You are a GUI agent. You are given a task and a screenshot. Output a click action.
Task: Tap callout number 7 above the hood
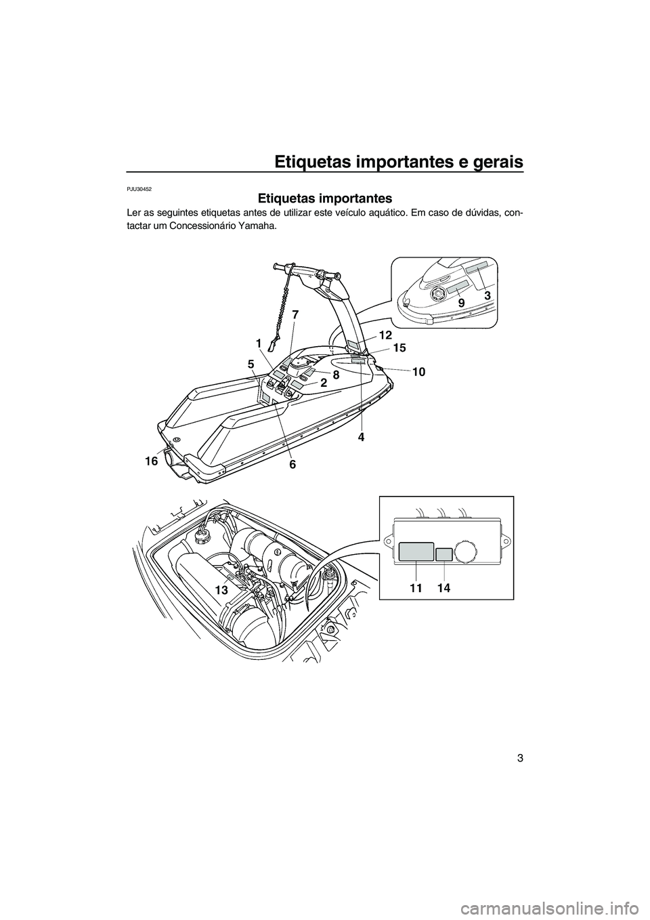[x=295, y=314]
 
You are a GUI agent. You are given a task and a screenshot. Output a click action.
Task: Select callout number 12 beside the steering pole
[x=385, y=335]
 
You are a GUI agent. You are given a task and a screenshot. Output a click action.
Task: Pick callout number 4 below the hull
[x=362, y=437]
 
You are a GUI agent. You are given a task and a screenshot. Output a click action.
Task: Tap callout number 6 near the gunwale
[x=292, y=465]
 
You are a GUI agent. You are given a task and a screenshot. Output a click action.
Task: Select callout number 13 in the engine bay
[x=221, y=591]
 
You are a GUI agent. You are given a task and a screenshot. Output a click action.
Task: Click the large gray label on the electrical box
[x=416, y=551]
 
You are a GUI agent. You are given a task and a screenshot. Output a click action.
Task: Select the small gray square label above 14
[x=443, y=555]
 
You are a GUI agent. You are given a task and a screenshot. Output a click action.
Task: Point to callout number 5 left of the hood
[x=251, y=364]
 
